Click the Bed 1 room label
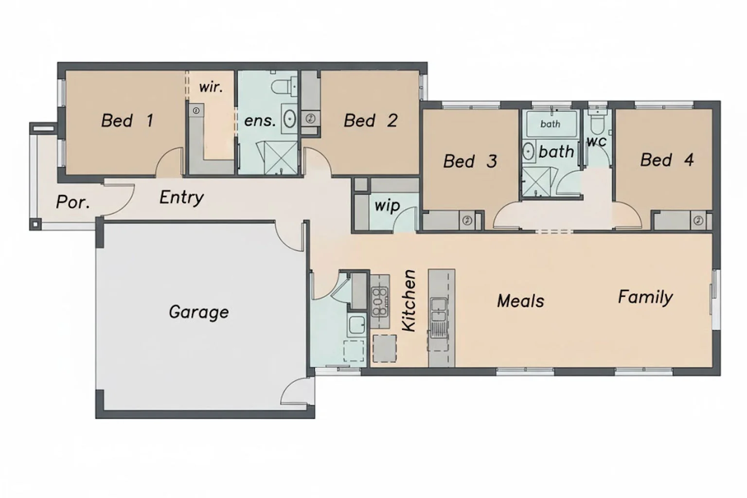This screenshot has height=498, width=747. click(x=127, y=120)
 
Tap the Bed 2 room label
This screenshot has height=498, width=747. click(x=370, y=120)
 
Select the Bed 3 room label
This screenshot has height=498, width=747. click(x=470, y=161)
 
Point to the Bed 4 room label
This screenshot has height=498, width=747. click(x=666, y=160)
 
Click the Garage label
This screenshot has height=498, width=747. click(x=198, y=312)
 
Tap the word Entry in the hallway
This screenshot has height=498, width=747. click(x=181, y=197)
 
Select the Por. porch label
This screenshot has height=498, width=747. click(x=73, y=202)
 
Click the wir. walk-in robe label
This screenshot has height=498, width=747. click(x=211, y=87)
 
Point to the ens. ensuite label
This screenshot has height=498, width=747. click(x=260, y=120)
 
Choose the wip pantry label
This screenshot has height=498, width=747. click(x=387, y=205)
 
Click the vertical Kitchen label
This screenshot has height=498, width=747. click(x=409, y=301)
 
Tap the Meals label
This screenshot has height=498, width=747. click(x=520, y=301)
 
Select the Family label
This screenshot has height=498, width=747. click(x=645, y=297)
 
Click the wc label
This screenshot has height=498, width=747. click(x=596, y=142)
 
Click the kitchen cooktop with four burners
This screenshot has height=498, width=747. click(x=380, y=302)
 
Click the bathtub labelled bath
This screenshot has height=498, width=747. click(x=550, y=124)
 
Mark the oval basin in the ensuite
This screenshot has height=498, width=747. click(x=290, y=118)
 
